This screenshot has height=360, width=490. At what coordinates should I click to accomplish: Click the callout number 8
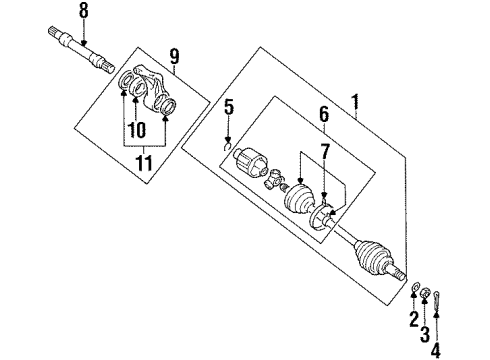[x=84, y=12]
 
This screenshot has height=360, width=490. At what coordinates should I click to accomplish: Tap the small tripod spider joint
[x=272, y=179]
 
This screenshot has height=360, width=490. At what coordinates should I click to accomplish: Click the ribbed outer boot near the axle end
[x=378, y=257]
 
